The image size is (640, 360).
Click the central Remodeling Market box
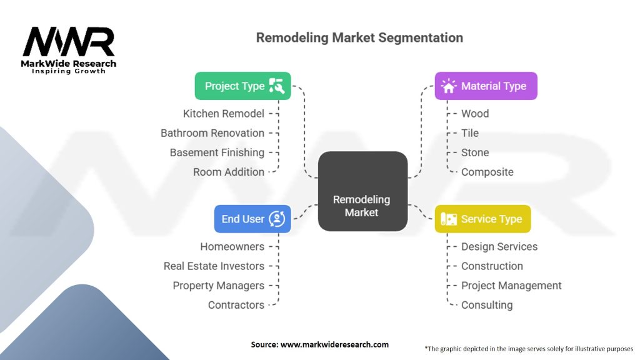point(362,192)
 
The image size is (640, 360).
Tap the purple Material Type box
point(486,86)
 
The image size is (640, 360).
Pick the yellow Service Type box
point(482,219)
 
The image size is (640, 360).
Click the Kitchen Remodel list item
point(223,113)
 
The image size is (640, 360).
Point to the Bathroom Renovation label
point(212,132)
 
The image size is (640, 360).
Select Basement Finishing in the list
point(217,152)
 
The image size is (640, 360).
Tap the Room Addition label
point(228,171)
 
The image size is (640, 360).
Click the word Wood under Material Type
point(475,113)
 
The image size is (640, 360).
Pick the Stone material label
point(475,152)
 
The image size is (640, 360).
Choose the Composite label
point(487,171)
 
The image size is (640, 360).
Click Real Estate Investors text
point(214,266)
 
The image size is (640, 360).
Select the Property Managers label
point(218,285)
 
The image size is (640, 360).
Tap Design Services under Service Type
point(499,246)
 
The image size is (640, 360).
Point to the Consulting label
point(486,304)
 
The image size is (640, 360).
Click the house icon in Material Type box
point(449,86)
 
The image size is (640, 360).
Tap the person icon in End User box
point(277,219)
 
